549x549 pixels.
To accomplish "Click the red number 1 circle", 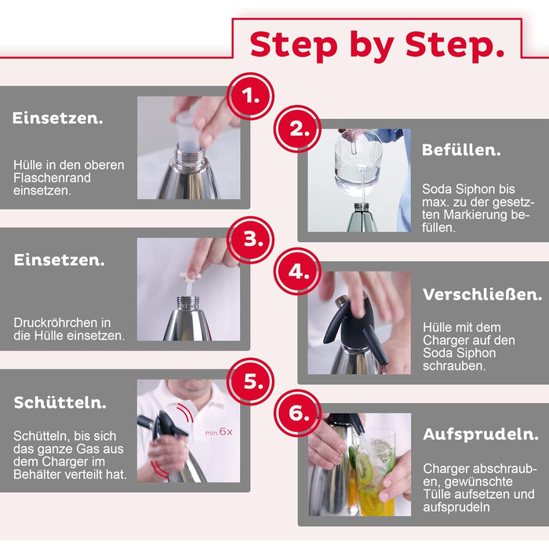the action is coord(250,96).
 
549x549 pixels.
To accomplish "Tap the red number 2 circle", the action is coord(297,129).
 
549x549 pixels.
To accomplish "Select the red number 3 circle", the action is coord(250,240).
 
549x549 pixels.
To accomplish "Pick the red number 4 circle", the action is coord(297,271).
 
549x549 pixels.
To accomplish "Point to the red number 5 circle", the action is coord(250,382).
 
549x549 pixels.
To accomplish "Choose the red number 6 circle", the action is coord(297,413).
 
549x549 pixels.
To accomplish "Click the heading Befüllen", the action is coord(461,150).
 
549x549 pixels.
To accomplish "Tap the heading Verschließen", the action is coord(482,294).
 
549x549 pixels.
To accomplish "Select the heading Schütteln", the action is coord(60,402).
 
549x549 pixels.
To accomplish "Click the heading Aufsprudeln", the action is coord(480,434).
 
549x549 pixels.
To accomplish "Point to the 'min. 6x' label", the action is coord(219,432).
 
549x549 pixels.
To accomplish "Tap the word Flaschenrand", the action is coord(53,178).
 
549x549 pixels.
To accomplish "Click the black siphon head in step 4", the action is coord(356,325).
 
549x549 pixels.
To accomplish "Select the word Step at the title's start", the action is coord(294,45).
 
